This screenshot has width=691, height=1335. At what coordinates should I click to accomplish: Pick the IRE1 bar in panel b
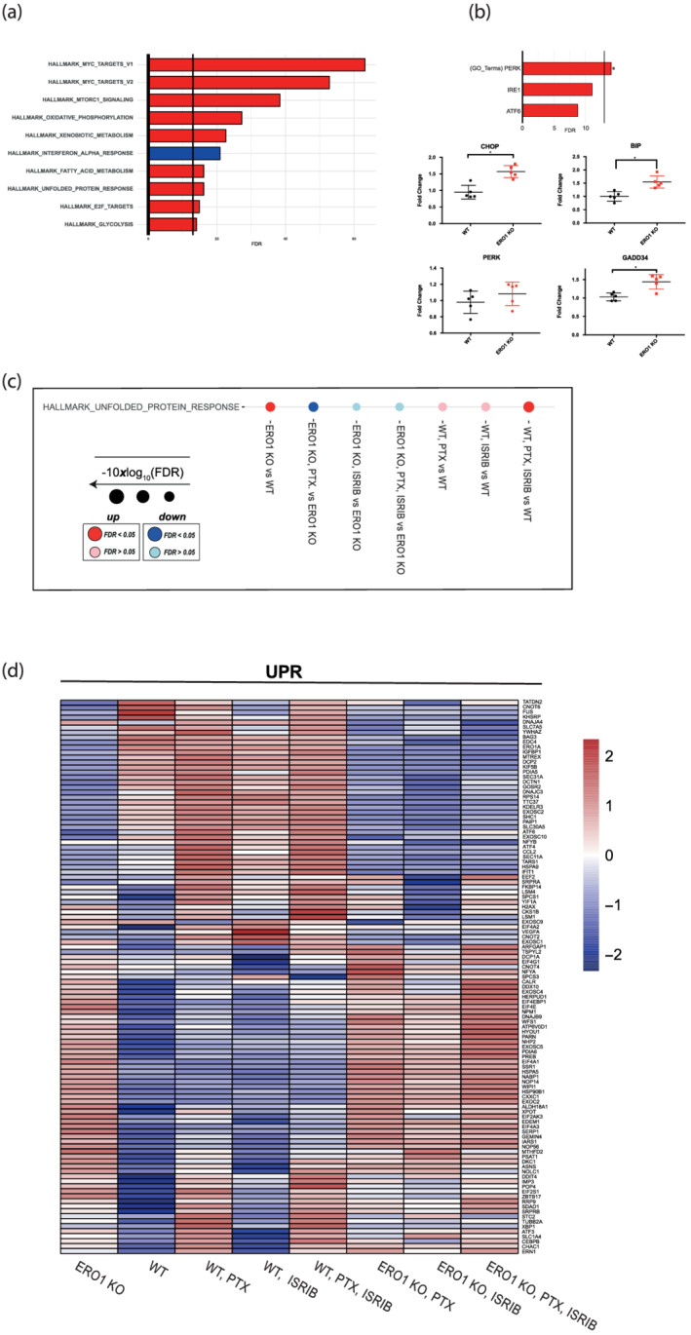[x=557, y=89]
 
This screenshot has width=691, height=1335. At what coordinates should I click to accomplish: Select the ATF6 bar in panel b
[x=550, y=109]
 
